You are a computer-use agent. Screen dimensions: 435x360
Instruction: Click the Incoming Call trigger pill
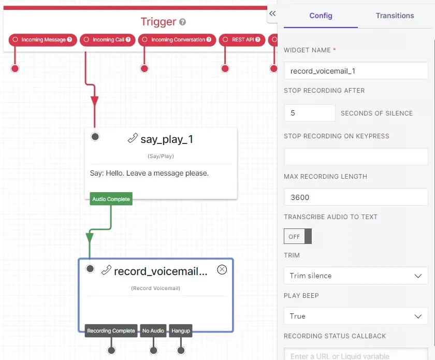click(107, 40)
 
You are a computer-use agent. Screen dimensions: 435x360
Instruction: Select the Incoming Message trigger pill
click(42, 40)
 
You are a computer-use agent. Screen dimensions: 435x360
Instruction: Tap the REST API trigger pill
click(242, 40)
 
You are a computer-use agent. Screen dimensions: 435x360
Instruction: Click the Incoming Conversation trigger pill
click(177, 40)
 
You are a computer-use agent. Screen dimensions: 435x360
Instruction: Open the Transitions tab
click(395, 16)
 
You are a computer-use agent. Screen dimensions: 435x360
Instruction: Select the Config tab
click(321, 16)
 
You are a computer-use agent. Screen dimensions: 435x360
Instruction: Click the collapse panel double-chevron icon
click(272, 13)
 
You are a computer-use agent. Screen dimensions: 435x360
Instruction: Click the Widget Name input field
click(356, 71)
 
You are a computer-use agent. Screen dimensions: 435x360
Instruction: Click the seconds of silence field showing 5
click(310, 113)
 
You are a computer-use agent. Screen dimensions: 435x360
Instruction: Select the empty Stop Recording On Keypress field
click(356, 156)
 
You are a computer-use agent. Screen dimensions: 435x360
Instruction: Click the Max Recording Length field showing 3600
click(356, 197)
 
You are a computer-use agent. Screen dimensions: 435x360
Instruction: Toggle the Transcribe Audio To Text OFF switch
click(298, 236)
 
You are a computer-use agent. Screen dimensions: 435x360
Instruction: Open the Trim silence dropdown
click(356, 276)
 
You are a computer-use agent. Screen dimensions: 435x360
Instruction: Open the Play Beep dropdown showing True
click(356, 316)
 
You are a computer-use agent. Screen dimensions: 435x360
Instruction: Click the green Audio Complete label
click(111, 199)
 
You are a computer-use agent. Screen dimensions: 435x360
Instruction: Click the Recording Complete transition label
click(111, 330)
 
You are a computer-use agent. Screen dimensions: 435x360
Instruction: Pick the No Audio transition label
click(153, 330)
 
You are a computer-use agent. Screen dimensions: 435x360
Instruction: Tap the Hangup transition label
click(181, 330)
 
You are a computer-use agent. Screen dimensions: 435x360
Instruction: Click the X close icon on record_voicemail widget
click(222, 269)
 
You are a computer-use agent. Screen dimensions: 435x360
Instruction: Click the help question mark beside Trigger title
click(182, 22)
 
